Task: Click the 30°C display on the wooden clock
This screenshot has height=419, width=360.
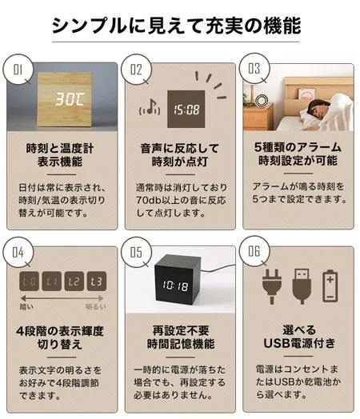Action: [70, 99]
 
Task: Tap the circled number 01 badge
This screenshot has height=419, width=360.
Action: [18, 70]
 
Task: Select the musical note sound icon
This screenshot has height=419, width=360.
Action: [150, 107]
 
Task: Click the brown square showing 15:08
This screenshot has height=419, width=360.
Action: [186, 109]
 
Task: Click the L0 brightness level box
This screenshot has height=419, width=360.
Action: [29, 281]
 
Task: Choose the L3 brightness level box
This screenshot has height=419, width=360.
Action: [97, 281]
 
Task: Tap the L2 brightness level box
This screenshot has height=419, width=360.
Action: [74, 281]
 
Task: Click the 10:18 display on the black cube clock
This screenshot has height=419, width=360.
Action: [175, 286]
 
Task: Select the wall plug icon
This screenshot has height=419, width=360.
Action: [272, 286]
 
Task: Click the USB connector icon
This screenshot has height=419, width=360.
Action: [302, 286]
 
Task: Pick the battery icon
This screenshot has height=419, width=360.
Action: [330, 286]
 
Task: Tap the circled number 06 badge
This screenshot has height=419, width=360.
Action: [254, 251]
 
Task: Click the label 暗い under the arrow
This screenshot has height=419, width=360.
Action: [26, 307]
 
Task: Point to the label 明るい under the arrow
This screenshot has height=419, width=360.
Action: [96, 307]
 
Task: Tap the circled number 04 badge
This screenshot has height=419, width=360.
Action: [18, 252]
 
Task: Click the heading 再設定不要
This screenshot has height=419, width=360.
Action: [181, 330]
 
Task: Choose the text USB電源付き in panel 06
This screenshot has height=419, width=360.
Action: [299, 343]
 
